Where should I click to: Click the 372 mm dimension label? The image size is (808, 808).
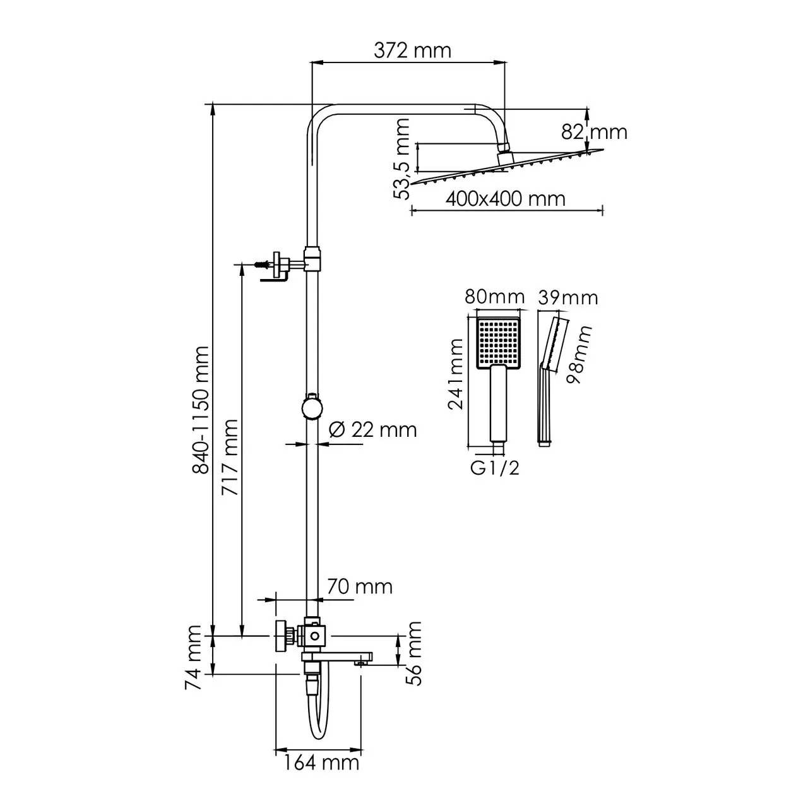tap(412, 50)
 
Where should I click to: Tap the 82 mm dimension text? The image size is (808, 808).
tap(594, 132)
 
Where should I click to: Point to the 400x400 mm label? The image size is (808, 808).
tap(505, 198)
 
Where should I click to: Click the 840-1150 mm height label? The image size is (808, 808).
tap(200, 410)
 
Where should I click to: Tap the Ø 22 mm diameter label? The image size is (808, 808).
tap(373, 430)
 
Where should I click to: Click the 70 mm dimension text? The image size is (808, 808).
tap(359, 586)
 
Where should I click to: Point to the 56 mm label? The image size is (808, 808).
tap(413, 653)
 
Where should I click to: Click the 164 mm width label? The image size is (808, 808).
tap(320, 763)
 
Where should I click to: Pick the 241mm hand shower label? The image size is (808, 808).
tap(455, 374)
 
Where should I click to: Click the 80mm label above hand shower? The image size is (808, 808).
tap(495, 297)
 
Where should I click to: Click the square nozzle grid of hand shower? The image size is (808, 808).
tap(498, 341)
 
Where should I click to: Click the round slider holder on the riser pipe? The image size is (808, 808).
tap(311, 407)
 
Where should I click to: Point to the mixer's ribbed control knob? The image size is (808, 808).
tap(283, 636)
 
